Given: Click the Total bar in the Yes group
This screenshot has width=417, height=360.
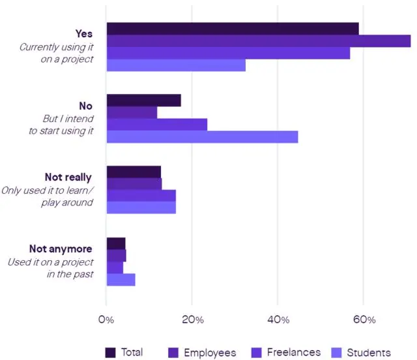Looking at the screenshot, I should coord(233,29).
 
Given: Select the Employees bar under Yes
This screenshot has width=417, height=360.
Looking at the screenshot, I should coord(259,41).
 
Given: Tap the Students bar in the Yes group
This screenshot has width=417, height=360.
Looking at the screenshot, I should coord(176,65).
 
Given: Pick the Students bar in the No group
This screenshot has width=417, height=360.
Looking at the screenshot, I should coord(202,137).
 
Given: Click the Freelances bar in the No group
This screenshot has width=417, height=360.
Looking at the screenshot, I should coord(157,125).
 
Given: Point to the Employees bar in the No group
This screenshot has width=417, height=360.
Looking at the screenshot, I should coord(132,112).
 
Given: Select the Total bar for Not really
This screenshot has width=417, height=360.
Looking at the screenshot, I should coord(134,172).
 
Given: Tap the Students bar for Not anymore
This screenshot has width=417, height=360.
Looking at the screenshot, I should coord(121,280).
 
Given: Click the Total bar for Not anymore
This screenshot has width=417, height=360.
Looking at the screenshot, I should coord(116,243).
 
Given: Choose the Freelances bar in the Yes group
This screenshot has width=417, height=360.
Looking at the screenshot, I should coord(228,53).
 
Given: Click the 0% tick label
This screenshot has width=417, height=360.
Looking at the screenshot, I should coord(106,320).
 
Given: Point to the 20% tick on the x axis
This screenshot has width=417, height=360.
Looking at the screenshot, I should coord(193,320).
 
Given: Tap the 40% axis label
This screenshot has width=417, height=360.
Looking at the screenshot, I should coord(278,320).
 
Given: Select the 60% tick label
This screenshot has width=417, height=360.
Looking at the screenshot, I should coord(364,320).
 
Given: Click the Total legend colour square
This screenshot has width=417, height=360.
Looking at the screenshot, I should coord(111,352).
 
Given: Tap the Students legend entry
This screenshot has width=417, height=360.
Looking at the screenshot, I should coord(368,352).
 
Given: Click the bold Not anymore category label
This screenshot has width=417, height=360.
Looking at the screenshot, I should coord(61,248).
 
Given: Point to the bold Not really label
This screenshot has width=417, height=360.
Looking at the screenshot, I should coord(68,177).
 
